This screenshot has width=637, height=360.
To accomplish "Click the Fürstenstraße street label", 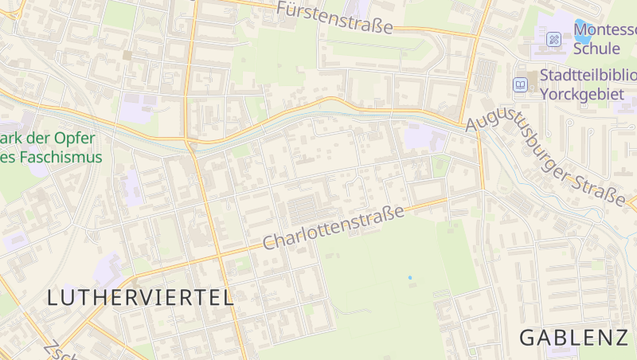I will pyautogui.click(x=335, y=18).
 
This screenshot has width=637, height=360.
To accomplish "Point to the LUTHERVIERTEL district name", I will pyautogui.click(x=140, y=298).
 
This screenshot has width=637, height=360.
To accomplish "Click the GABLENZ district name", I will pyautogui.click(x=573, y=338).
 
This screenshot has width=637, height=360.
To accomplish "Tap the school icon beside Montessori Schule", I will pyautogui.click(x=553, y=39).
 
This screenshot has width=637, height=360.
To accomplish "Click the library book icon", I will pyautogui.click(x=520, y=84).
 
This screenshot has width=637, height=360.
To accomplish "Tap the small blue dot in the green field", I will pyautogui.click(x=410, y=277).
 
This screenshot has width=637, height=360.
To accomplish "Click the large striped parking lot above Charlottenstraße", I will pyautogui.click(x=307, y=209).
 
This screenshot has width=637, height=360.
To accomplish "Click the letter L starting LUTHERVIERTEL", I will pyautogui.click(x=53, y=298).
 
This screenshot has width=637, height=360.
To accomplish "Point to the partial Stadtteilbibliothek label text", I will pyautogui.click(x=588, y=75).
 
